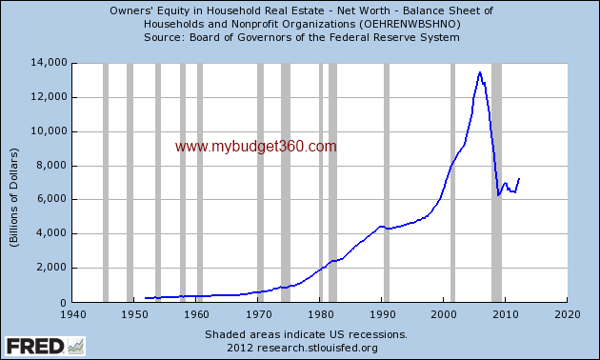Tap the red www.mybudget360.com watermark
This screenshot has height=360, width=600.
(x=256, y=147)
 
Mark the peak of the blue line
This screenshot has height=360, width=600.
(x=480, y=72)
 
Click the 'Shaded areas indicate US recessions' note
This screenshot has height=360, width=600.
(x=306, y=334)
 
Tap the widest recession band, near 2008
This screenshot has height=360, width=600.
(x=497, y=181)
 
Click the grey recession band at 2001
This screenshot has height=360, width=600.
(x=452, y=181)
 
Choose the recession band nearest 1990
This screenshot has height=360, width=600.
(x=386, y=181)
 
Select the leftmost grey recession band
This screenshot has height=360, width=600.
(x=105, y=181)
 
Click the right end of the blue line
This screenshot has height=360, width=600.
(x=519, y=178)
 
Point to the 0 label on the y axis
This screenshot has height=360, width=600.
(x=63, y=302)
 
